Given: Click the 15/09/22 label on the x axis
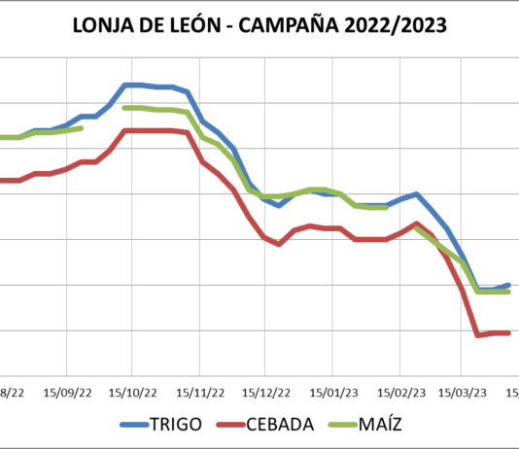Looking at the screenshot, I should point(66,392).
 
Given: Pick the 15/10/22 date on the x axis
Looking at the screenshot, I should point(132,392).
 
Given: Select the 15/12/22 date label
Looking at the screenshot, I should point(264,392).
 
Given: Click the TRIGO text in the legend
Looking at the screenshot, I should point(176,424).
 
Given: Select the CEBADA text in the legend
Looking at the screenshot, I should point(280,424).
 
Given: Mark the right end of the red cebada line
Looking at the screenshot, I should point(509,333).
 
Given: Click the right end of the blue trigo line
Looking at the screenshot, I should point(509,285).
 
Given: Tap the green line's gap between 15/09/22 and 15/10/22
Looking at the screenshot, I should point(104,118).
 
